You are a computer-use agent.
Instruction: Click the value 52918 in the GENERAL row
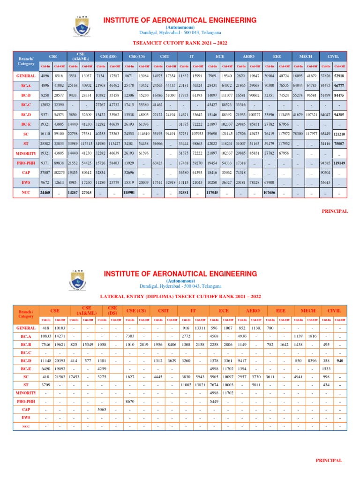coord(340,75)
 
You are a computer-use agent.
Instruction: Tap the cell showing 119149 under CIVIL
coord(340,163)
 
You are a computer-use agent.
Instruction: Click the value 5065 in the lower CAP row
coord(102,409)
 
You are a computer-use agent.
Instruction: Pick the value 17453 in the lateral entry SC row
coord(74,377)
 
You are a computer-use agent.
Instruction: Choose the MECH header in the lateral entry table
coord(308,310)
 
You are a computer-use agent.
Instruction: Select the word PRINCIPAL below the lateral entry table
coord(329,461)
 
